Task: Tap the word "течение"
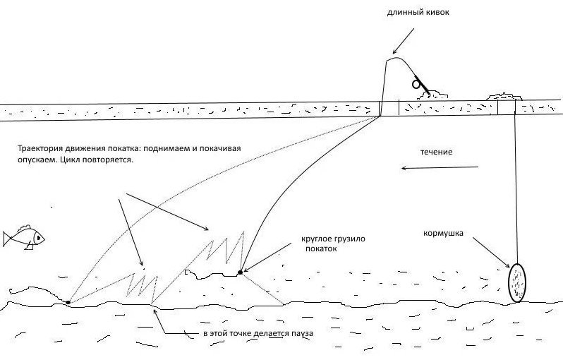(x=437, y=152)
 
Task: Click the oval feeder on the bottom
(x=517, y=282)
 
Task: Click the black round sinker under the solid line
(x=241, y=272)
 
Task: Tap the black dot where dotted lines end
(x=68, y=302)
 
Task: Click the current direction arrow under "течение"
(x=440, y=167)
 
